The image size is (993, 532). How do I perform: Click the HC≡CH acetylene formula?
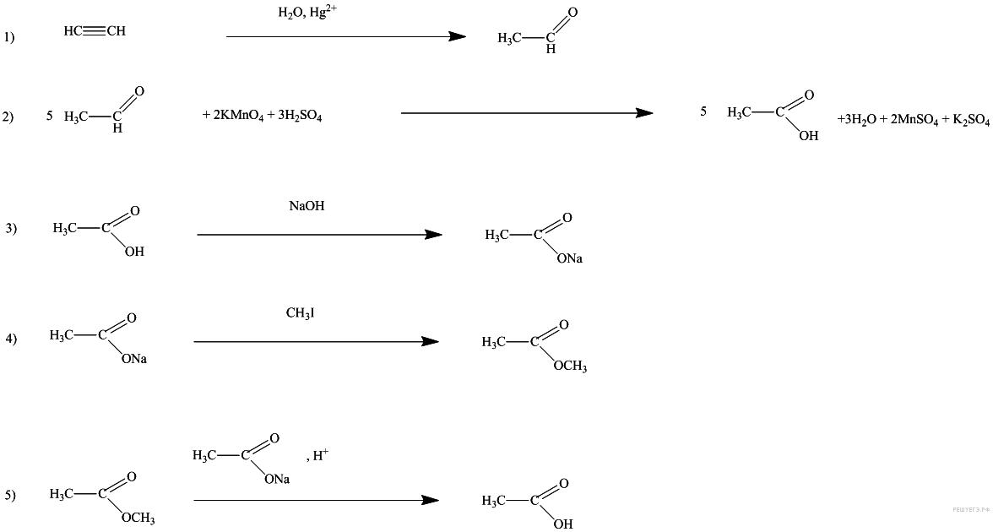[94, 31]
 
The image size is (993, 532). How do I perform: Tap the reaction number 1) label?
[9, 37]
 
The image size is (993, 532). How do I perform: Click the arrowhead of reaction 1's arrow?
[457, 36]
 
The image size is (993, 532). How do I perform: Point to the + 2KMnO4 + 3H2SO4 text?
[262, 117]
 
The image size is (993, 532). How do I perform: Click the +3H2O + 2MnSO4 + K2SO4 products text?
[913, 120]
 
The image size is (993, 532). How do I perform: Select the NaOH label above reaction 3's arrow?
[307, 205]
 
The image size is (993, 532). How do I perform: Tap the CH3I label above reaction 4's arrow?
[300, 313]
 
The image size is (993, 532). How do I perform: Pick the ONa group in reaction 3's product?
[570, 258]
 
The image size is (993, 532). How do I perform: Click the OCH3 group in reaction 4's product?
[570, 366]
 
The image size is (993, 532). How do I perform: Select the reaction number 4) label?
[11, 339]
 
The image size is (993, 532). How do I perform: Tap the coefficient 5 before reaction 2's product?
[703, 111]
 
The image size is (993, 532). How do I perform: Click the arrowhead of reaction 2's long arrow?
[644, 112]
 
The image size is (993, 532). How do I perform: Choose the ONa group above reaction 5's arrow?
[277, 479]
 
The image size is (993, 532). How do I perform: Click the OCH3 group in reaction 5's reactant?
[138, 518]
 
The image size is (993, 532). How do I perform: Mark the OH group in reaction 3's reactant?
[134, 251]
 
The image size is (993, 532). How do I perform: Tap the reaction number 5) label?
[10, 496]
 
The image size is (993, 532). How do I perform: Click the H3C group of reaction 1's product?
[509, 38]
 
